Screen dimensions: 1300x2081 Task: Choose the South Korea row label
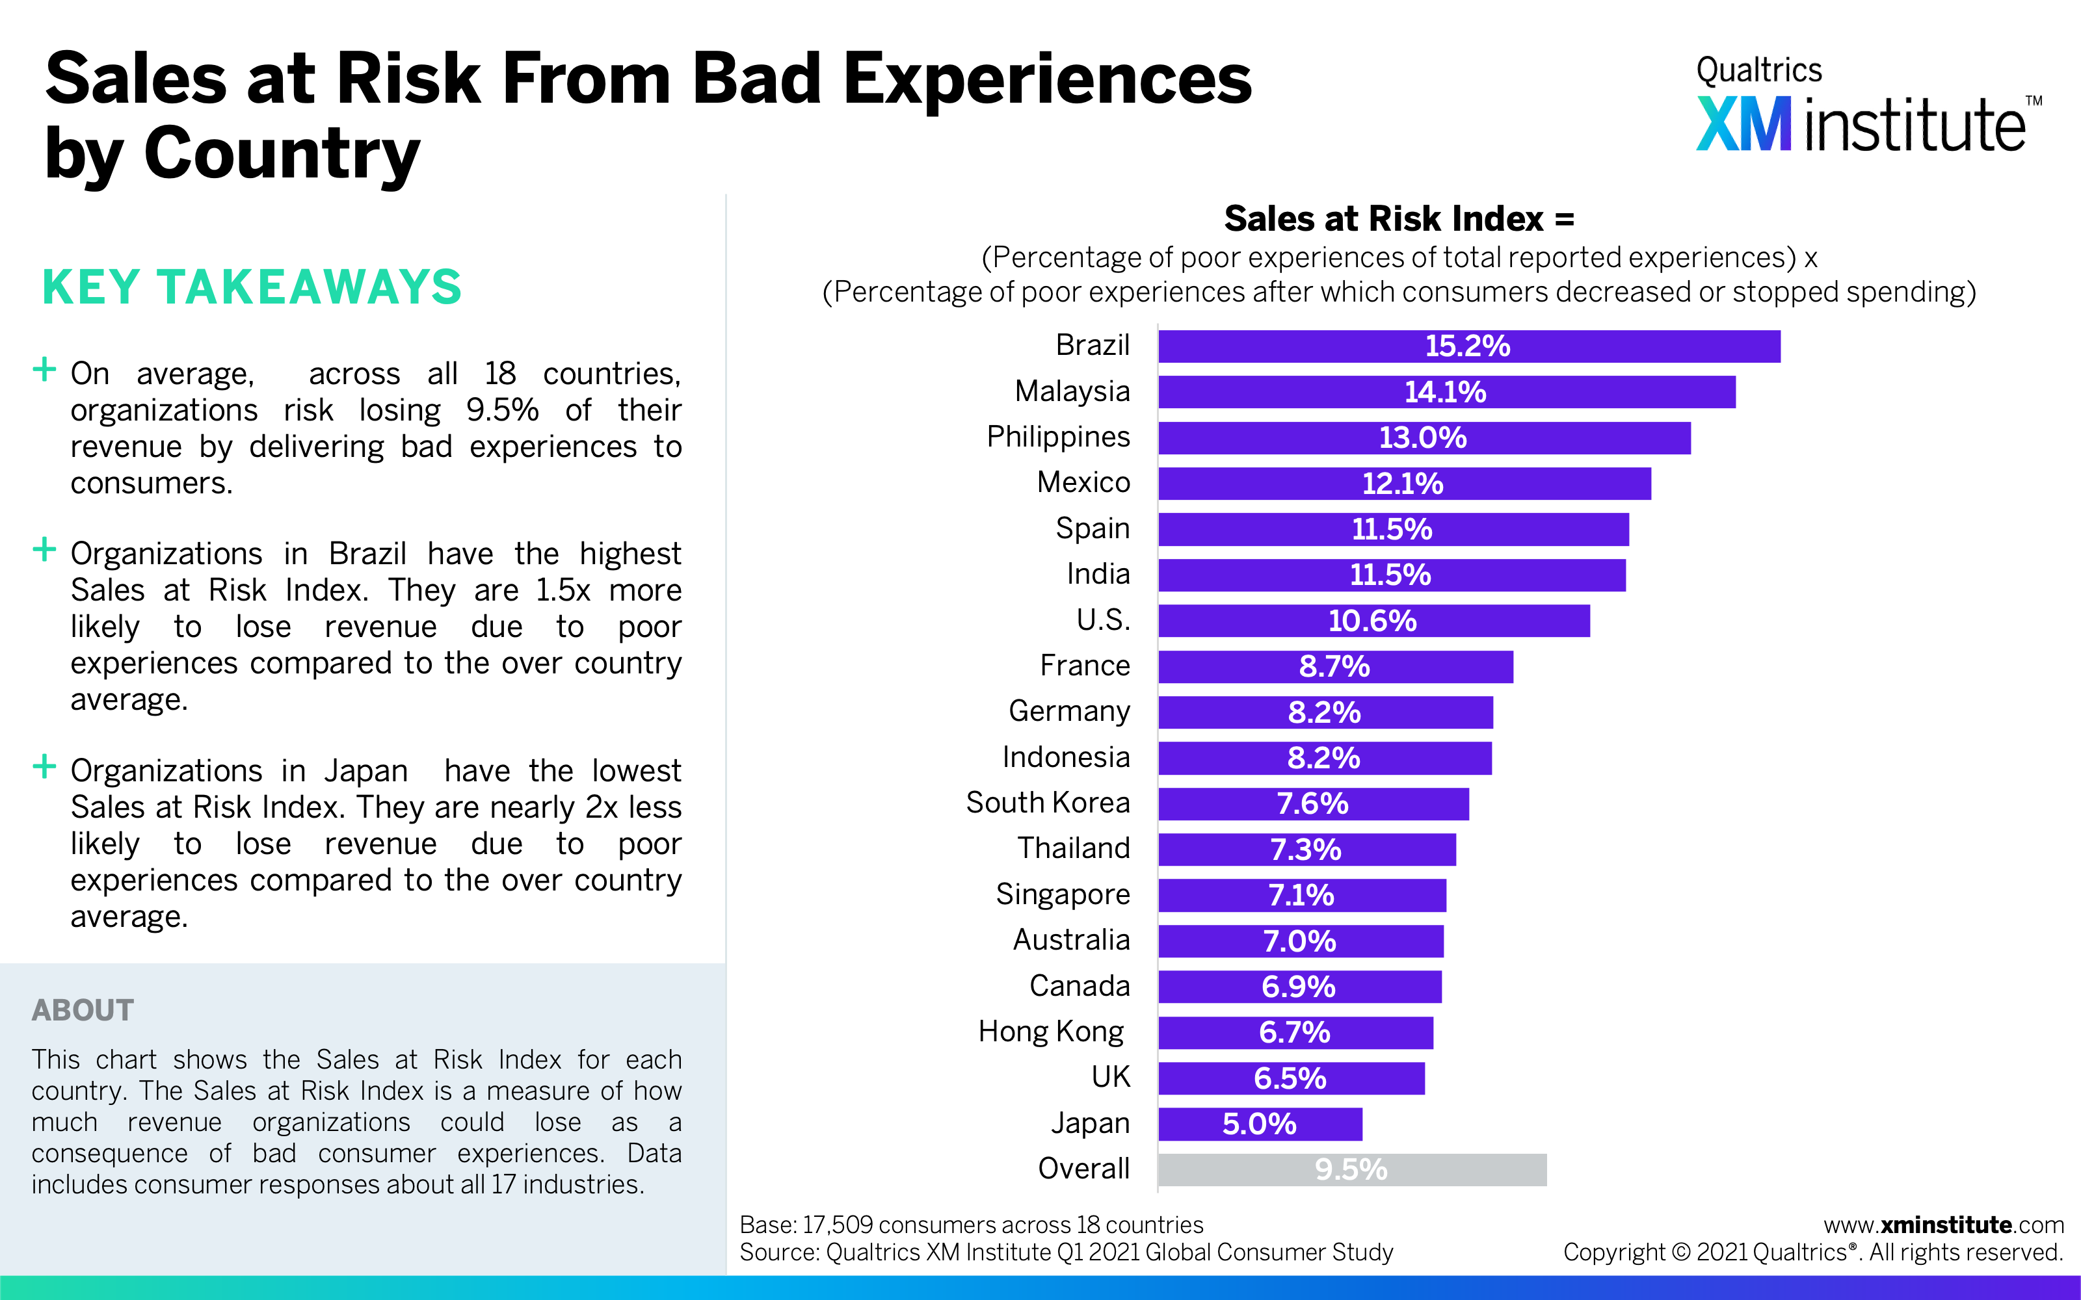[1048, 802]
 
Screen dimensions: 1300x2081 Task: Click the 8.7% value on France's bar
[1334, 666]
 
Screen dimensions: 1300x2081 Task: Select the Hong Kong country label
[1051, 1031]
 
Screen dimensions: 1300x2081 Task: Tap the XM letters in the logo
[1743, 125]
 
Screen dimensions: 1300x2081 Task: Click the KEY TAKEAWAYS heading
[252, 287]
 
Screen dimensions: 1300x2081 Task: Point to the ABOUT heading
[83, 1009]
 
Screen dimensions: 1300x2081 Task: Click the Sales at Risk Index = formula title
[1399, 218]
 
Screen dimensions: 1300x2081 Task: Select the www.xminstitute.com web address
[1943, 1225]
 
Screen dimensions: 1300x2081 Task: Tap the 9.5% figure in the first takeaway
[502, 410]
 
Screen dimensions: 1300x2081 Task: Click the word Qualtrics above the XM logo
[1758, 70]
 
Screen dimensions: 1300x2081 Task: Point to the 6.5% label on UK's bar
[1290, 1078]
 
